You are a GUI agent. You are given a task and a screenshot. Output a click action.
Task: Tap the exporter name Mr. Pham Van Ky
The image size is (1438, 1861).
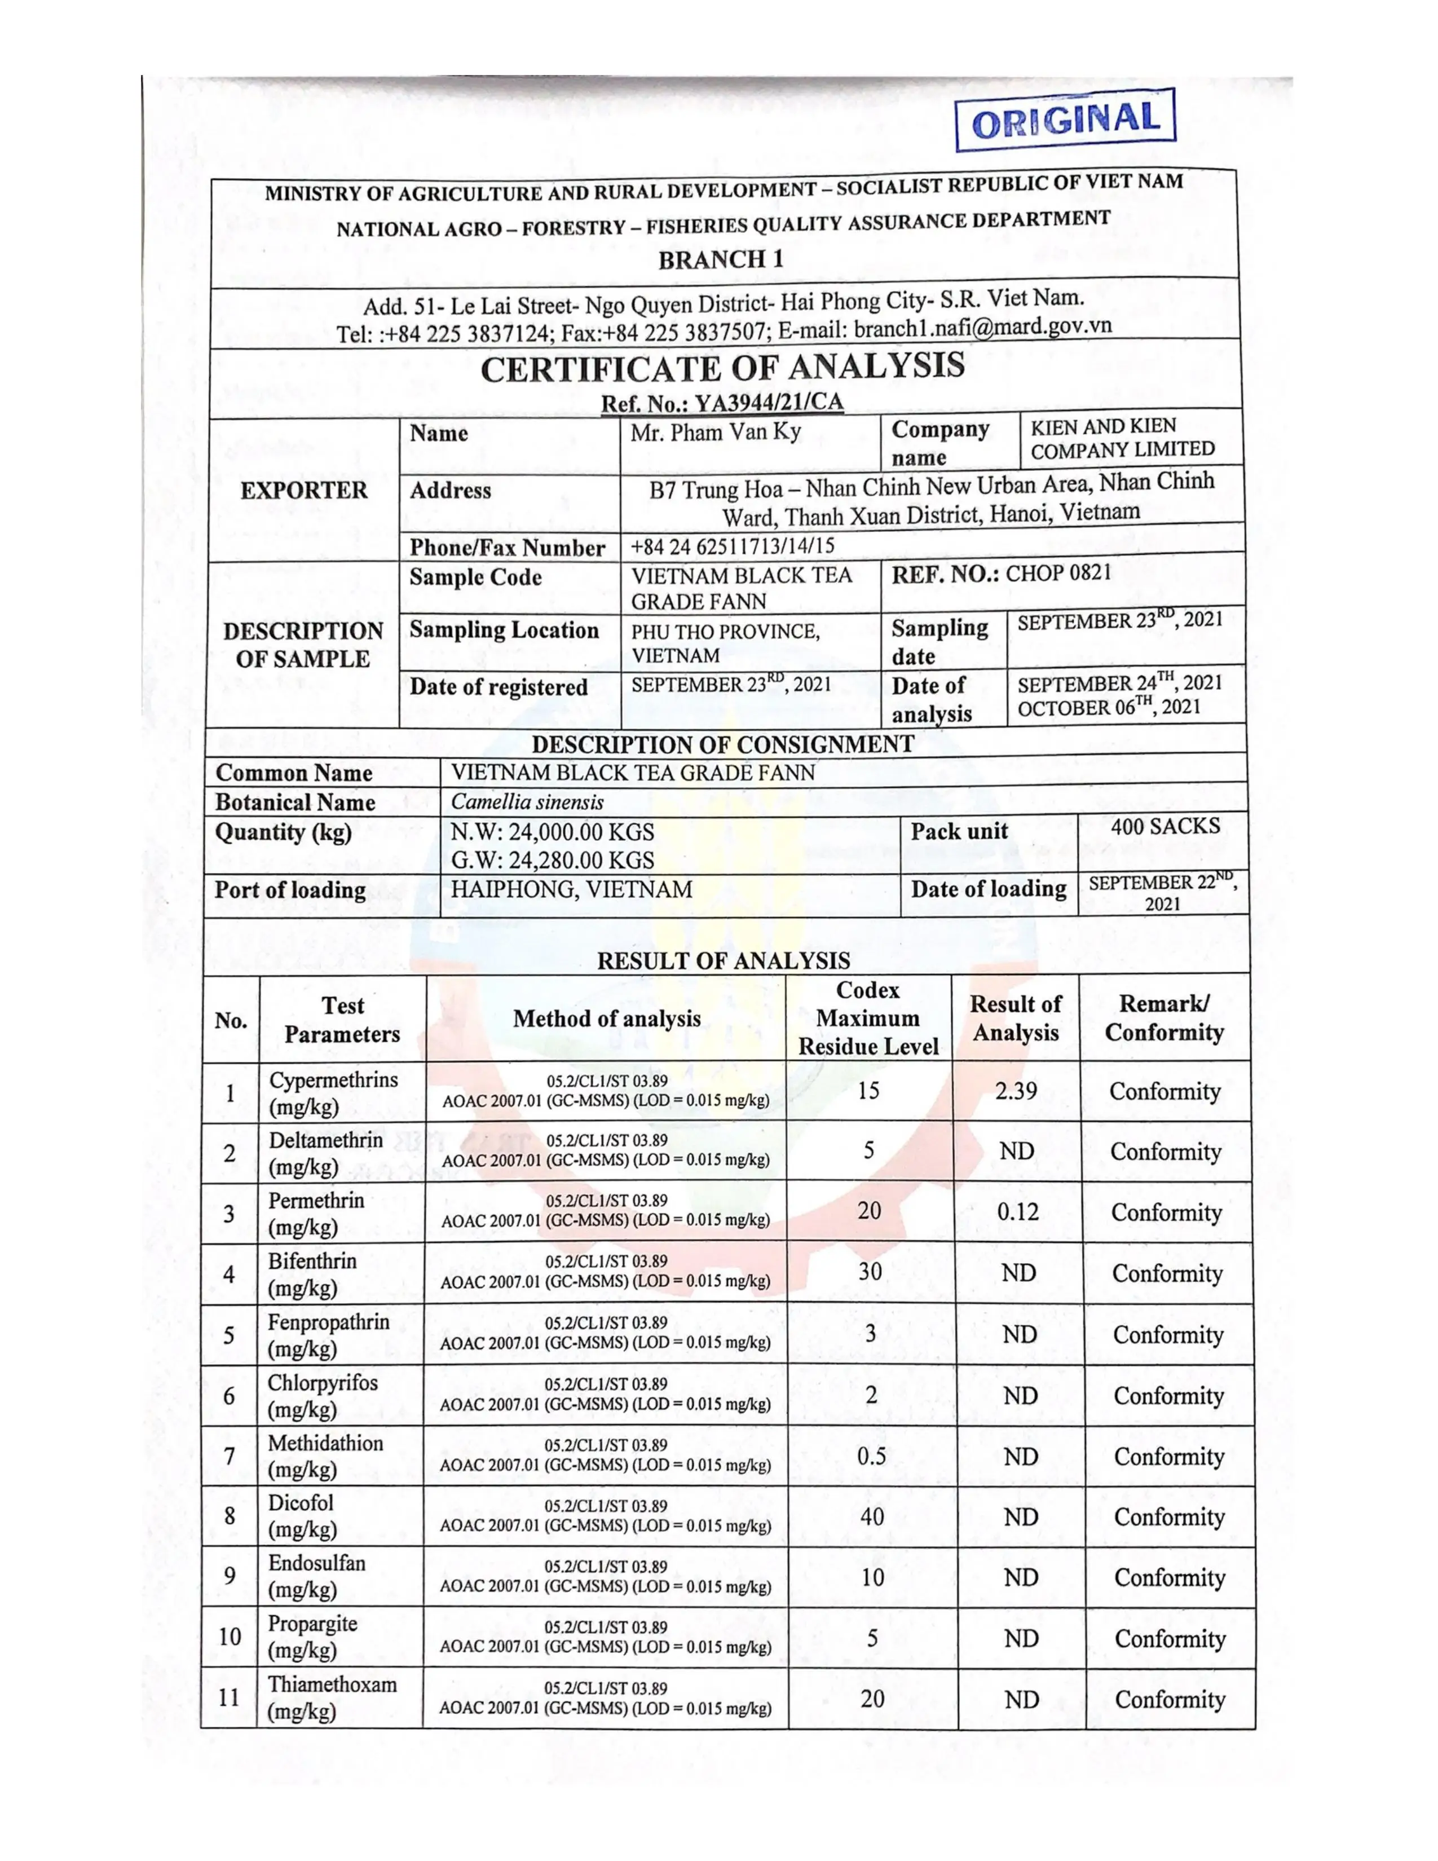[716, 433]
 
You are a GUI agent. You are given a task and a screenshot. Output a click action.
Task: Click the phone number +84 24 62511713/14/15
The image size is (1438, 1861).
[733, 546]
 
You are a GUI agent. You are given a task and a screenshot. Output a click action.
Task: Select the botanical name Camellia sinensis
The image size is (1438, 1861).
[527, 802]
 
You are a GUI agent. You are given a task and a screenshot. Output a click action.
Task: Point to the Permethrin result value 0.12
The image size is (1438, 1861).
[1017, 1212]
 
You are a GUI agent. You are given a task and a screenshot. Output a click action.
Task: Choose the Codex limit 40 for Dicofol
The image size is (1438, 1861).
[871, 1517]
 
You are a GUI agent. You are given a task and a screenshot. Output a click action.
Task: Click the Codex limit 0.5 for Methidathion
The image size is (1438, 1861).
[871, 1456]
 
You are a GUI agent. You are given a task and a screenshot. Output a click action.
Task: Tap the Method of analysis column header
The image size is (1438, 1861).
[607, 1018]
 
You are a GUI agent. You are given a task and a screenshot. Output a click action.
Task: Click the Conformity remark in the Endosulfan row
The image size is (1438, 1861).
[1170, 1578]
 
